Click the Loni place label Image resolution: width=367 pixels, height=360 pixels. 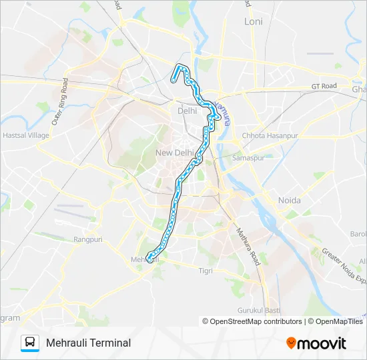pyautogui.click(x=253, y=21)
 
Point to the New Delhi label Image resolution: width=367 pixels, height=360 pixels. pyautogui.click(x=174, y=153)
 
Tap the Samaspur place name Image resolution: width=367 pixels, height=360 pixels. pyautogui.click(x=248, y=158)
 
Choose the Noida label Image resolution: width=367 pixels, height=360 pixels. pyautogui.click(x=289, y=200)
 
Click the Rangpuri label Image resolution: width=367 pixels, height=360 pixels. pyautogui.click(x=87, y=239)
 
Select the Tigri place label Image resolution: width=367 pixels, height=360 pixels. pyautogui.click(x=206, y=270)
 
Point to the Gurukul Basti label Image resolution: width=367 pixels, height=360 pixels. pyautogui.click(x=259, y=311)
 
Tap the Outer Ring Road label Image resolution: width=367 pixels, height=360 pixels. pyautogui.click(x=60, y=102)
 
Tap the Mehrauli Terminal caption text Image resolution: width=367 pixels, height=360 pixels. pyautogui.click(x=88, y=343)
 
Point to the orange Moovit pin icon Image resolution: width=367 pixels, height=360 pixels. pyautogui.click(x=292, y=343)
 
